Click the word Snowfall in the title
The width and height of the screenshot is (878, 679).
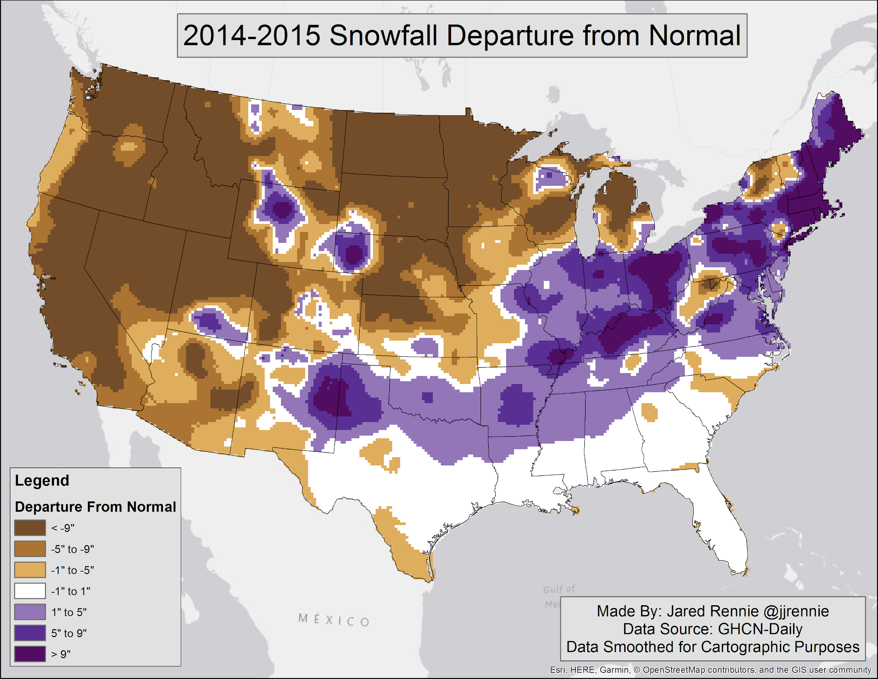384,35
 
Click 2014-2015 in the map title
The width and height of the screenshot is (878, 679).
252,35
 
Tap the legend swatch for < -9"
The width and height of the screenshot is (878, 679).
30,528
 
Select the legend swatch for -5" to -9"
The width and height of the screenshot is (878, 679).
30,549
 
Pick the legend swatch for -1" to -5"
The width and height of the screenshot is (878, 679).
30,570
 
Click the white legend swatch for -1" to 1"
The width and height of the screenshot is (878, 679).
30,591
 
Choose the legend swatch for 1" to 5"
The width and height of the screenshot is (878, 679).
30,612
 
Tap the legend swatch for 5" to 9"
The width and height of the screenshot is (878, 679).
30,633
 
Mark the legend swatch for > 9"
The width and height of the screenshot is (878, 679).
30,654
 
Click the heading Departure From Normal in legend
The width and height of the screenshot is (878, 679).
95,507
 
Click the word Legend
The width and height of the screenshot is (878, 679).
42,480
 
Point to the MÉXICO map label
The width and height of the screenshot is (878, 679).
334,620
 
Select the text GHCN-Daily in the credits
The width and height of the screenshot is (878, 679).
760,629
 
